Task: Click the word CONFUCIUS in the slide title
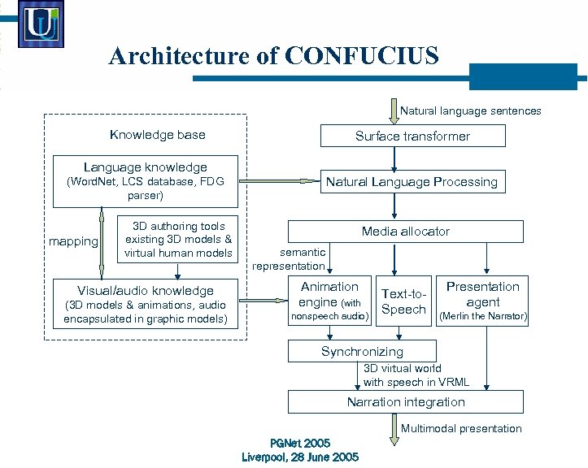coord(362,56)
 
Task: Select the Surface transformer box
coord(412,136)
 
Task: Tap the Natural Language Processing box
coord(412,182)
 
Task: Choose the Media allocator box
coord(405,232)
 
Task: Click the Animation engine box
coord(329,301)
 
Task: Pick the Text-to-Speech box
coord(403,301)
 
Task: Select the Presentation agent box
coord(483,301)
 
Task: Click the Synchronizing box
coord(362,351)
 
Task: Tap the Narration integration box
coord(405,401)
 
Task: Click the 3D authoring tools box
coord(177,240)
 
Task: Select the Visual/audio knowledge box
coord(146,304)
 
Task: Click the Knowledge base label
coord(157,135)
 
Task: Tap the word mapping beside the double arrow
coord(73,241)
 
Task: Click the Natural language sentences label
coord(471,110)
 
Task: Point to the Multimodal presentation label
coord(461,428)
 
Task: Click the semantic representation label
coord(289,259)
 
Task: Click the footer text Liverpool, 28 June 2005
coord(300,457)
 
